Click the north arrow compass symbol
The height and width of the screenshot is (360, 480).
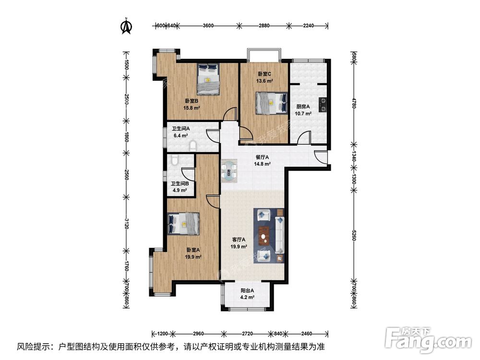coord(126,26)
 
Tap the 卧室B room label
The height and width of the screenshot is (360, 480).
coord(192,101)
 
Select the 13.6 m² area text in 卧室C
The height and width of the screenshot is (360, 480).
coord(264,81)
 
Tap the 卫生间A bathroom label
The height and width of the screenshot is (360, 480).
coord(181,129)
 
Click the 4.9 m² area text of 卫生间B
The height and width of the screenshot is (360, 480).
coord(180,190)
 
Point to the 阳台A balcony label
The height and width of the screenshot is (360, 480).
coord(247,290)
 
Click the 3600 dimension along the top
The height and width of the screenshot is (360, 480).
coord(208,26)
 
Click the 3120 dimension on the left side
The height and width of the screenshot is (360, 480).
coord(126,224)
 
